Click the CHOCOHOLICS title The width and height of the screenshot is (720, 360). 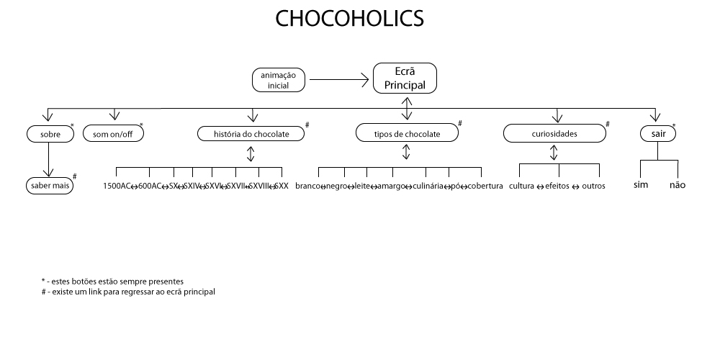click(x=350, y=19)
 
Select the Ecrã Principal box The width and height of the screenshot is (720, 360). click(x=405, y=78)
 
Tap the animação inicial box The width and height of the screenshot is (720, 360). click(x=278, y=80)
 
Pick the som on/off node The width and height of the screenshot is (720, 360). click(x=113, y=134)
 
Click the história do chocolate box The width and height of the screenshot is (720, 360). click(x=251, y=134)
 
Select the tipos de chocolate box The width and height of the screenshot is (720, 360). click(x=407, y=134)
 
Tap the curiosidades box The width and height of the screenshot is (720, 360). click(x=554, y=134)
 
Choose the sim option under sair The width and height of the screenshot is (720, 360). click(x=640, y=185)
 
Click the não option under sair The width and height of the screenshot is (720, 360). click(x=678, y=185)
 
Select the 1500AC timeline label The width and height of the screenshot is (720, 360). click(x=116, y=186)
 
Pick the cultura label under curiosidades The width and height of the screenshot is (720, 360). click(x=521, y=186)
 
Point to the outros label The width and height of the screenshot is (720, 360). click(x=594, y=186)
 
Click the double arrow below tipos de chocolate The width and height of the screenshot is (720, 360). click(x=406, y=152)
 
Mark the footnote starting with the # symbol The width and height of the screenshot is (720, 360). click(x=128, y=292)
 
